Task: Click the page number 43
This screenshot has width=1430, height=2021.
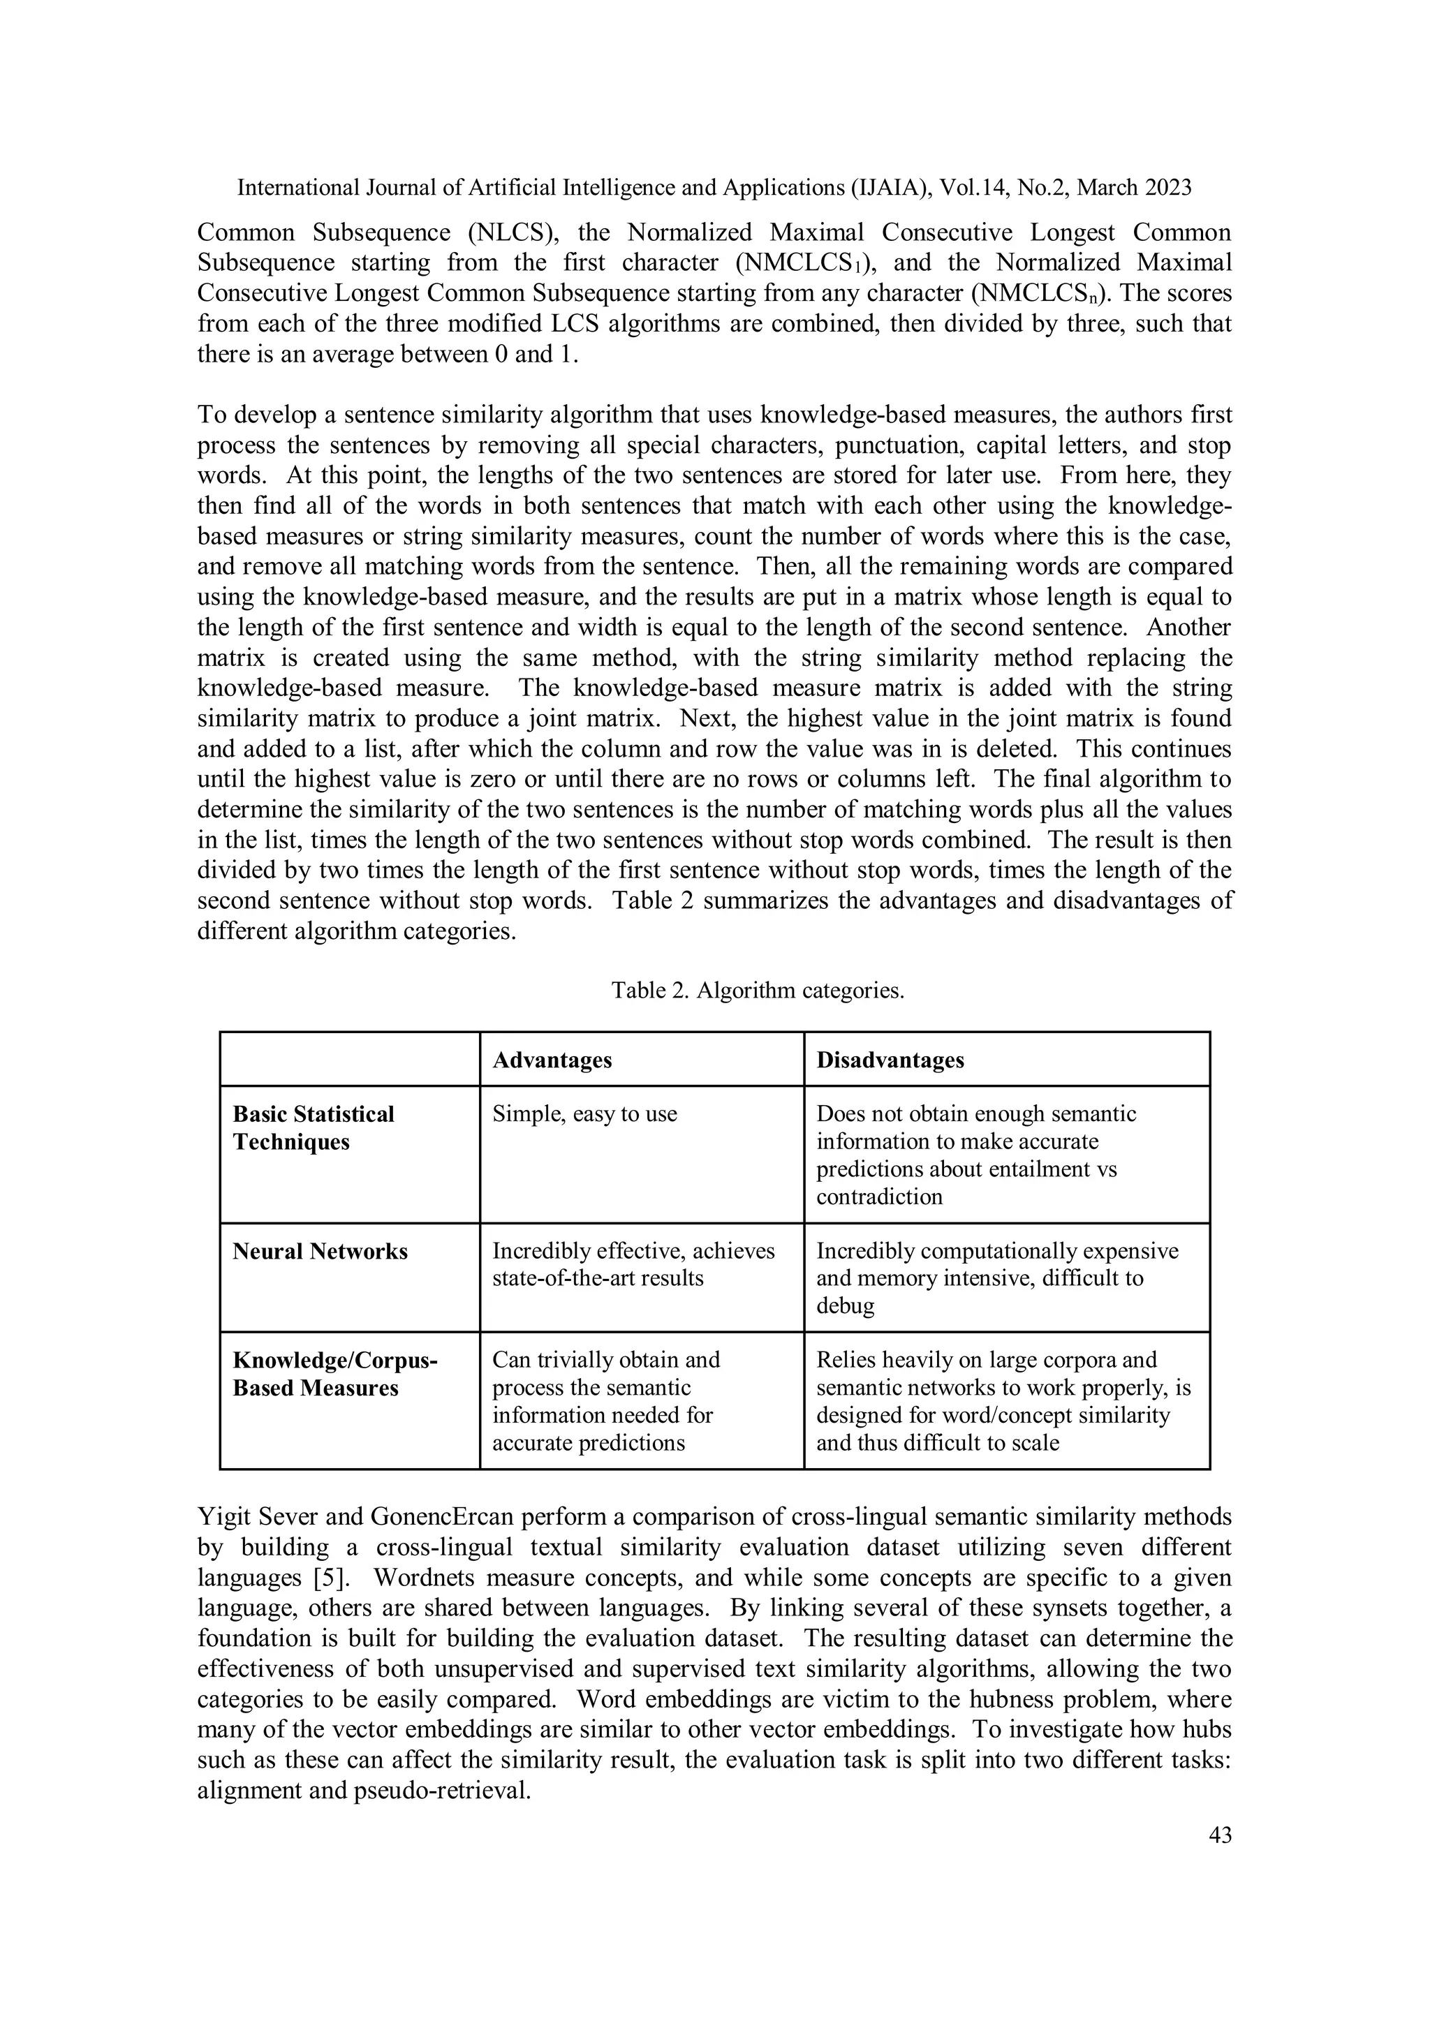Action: pyautogui.click(x=1220, y=1835)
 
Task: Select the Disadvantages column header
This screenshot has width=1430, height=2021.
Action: pyautogui.click(x=890, y=1060)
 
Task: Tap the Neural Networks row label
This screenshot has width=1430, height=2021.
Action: pyautogui.click(x=320, y=1251)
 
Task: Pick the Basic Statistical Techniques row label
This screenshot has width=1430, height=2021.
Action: pyautogui.click(x=313, y=1127)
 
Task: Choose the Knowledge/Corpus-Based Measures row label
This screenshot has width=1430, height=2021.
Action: pyautogui.click(x=334, y=1373)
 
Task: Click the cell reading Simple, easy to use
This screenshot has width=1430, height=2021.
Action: pyautogui.click(x=584, y=1113)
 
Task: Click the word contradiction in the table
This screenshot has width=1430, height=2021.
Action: pyautogui.click(x=879, y=1197)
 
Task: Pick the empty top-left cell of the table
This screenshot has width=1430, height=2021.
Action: pyautogui.click(x=350, y=1059)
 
